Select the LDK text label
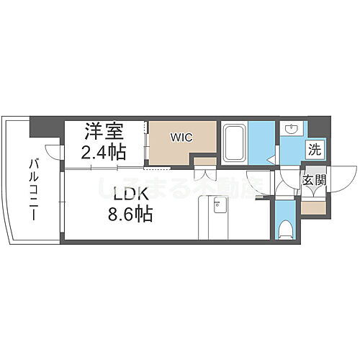click(117, 194)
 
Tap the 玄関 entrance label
click(314, 180)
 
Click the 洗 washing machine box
click(314, 150)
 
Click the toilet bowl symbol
click(286, 230)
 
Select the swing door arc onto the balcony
click(51, 153)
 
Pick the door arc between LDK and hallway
click(256, 184)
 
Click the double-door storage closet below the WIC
click(204, 173)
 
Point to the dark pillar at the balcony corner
click(37, 127)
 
